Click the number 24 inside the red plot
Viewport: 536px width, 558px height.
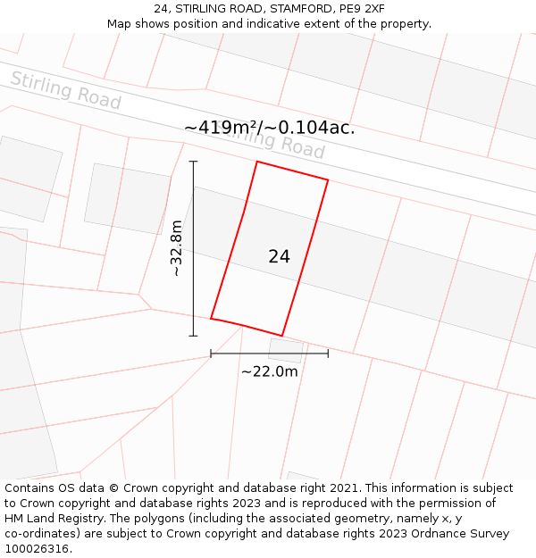pos(279,257)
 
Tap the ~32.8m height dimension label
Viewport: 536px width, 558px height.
pos(177,248)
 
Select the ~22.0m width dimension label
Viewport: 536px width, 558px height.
pos(269,371)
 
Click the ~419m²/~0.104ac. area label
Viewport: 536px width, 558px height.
pos(269,128)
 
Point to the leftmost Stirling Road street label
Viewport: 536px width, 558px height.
pos(65,90)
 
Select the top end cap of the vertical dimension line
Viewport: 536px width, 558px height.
pos(193,162)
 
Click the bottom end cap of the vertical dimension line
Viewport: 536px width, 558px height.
pos(193,336)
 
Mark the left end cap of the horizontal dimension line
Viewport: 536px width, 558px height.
pos(211,354)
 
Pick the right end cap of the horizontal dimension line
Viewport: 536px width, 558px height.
pos(328,354)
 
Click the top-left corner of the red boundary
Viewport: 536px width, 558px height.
pos(257,162)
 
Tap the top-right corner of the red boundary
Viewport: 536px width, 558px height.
pos(328,180)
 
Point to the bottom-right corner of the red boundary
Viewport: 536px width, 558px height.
pos(282,336)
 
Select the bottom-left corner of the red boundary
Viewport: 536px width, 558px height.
pos(211,318)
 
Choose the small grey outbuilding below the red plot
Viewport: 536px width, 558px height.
pos(285,350)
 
